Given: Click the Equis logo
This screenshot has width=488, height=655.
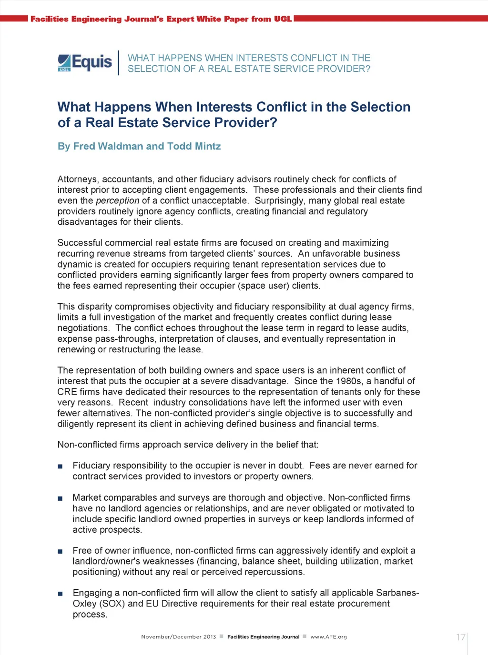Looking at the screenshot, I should (85, 62).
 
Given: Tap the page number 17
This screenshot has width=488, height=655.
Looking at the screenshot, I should (460, 637).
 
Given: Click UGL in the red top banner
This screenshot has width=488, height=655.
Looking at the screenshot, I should (283, 19).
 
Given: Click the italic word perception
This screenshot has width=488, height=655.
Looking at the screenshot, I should (117, 200).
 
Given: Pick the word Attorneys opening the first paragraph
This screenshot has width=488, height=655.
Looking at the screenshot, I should (77, 179).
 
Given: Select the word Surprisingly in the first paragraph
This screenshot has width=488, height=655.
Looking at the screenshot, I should (279, 200).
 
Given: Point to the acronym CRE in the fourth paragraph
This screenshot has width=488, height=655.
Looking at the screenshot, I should (67, 392).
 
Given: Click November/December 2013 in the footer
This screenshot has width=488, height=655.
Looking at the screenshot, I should (178, 637).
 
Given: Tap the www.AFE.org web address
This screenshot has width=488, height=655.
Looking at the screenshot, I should (328, 637).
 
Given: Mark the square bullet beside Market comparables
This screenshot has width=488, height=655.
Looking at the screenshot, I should (60, 498).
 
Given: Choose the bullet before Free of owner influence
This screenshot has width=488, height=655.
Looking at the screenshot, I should (60, 551).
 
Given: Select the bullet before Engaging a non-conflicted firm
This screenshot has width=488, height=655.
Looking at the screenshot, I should (60, 594).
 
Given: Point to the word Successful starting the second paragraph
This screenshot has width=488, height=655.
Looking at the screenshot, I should (79, 243).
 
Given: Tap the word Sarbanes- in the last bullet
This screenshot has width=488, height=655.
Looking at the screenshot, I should (397, 593).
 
